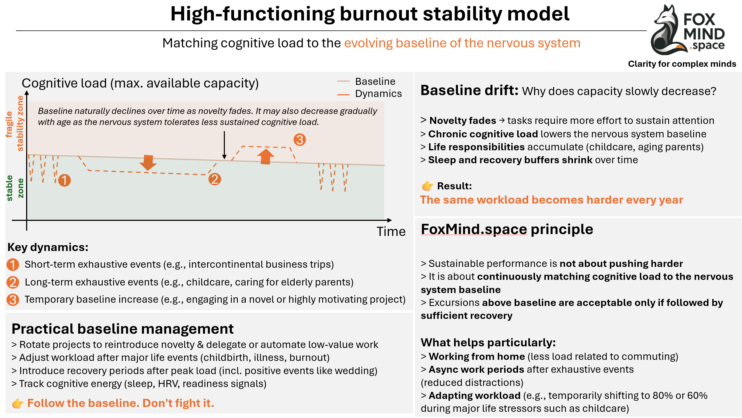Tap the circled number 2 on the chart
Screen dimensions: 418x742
tap(215, 179)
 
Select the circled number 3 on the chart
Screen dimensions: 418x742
tap(299, 140)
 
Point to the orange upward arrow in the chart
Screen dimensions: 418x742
tap(266, 156)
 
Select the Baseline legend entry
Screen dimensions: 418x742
tap(375, 82)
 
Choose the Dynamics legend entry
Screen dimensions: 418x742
tap(378, 94)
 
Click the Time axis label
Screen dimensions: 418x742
tap(391, 232)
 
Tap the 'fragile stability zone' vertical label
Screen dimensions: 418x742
tap(14, 124)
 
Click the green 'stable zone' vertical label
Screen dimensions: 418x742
tap(14, 188)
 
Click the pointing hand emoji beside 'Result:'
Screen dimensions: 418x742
tap(427, 186)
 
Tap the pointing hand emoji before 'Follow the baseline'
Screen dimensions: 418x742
tap(18, 403)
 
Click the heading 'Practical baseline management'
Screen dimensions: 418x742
tap(123, 329)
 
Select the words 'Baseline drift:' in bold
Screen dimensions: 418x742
tap(469, 90)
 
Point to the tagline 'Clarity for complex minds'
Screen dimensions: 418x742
tap(682, 64)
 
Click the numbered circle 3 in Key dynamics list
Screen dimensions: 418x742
tap(13, 299)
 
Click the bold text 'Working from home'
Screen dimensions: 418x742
tap(476, 357)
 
